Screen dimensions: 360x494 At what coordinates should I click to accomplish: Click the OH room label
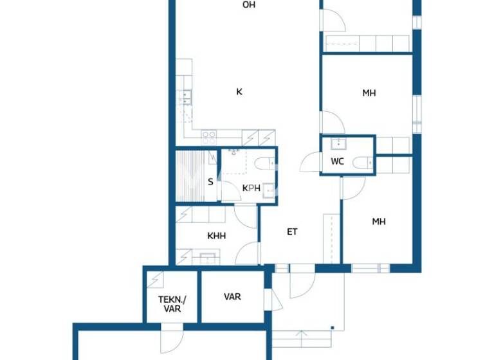[249, 5]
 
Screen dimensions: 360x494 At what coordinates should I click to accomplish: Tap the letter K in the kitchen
[239, 92]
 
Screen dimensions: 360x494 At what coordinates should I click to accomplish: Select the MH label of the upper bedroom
[369, 93]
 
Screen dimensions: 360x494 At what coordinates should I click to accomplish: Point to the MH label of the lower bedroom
[379, 222]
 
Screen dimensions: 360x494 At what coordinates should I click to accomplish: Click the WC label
[338, 162]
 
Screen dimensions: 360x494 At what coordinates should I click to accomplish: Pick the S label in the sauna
[210, 181]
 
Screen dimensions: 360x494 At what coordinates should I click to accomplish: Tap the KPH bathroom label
[251, 188]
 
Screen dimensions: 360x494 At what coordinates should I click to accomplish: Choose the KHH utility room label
[216, 236]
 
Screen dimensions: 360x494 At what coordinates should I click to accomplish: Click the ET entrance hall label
[292, 231]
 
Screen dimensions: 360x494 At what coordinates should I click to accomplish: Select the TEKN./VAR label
[170, 303]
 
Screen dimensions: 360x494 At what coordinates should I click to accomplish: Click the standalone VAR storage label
[232, 297]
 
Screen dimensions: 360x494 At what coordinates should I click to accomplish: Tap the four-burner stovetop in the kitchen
[208, 137]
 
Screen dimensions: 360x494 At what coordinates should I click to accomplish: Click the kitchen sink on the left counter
[186, 98]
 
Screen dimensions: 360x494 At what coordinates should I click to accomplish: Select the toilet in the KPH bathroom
[263, 163]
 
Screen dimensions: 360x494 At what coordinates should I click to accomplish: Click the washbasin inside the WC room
[335, 143]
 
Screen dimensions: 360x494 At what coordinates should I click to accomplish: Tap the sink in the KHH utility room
[207, 258]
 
